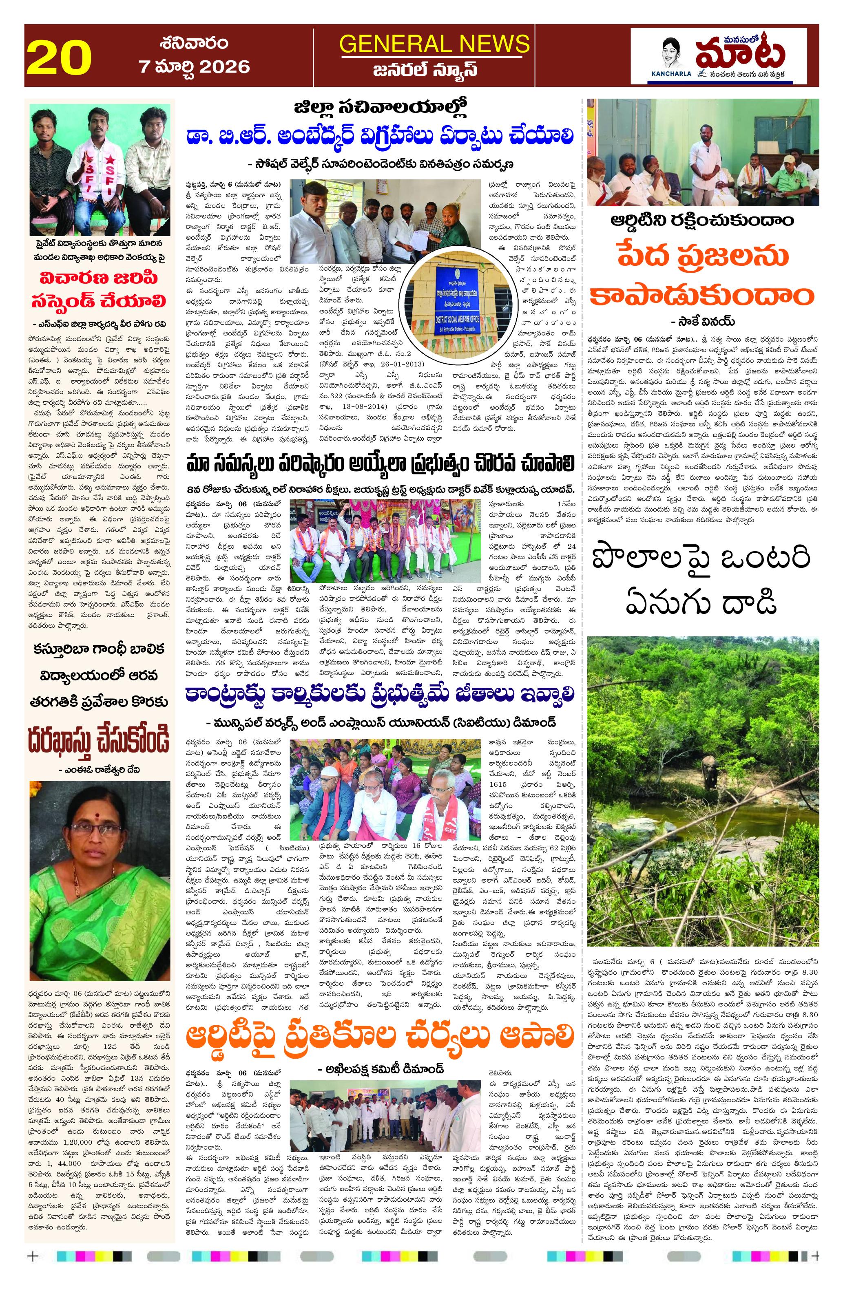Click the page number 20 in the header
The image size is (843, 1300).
[58, 58]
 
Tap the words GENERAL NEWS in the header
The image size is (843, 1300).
[434, 44]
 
